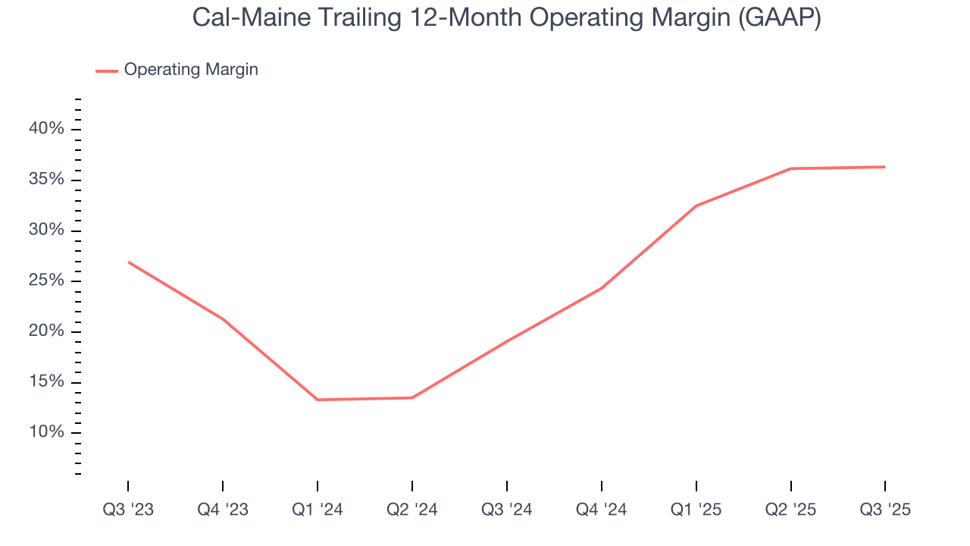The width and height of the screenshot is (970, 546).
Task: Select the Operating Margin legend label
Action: pyautogui.click(x=191, y=70)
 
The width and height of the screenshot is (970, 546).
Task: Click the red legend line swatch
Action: pyautogui.click(x=107, y=71)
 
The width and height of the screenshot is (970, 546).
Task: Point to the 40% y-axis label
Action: pyautogui.click(x=46, y=129)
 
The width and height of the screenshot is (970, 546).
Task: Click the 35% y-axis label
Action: pyautogui.click(x=46, y=180)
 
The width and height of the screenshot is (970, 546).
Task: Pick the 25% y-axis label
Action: pyautogui.click(x=46, y=281)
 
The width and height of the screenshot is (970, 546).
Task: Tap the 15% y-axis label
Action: pyautogui.click(x=46, y=382)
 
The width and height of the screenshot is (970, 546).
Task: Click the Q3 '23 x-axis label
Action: pyautogui.click(x=128, y=510)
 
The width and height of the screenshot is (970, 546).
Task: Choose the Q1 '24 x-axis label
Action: pyautogui.click(x=318, y=510)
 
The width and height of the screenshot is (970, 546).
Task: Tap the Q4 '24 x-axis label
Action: pyautogui.click(x=602, y=510)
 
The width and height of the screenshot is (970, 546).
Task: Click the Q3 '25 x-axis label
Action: pyautogui.click(x=885, y=510)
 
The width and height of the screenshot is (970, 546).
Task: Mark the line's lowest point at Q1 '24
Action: pyautogui.click(x=318, y=400)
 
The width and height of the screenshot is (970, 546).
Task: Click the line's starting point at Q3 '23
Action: pyautogui.click(x=128, y=262)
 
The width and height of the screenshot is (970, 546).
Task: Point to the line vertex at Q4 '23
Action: pyautogui.click(x=223, y=318)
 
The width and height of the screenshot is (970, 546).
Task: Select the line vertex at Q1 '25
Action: pyautogui.click(x=696, y=206)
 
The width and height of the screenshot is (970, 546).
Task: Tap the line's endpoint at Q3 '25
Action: pyautogui.click(x=885, y=167)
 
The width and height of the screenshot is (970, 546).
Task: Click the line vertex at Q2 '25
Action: pyautogui.click(x=791, y=168)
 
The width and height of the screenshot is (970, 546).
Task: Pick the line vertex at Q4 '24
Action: pyautogui.click(x=602, y=288)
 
